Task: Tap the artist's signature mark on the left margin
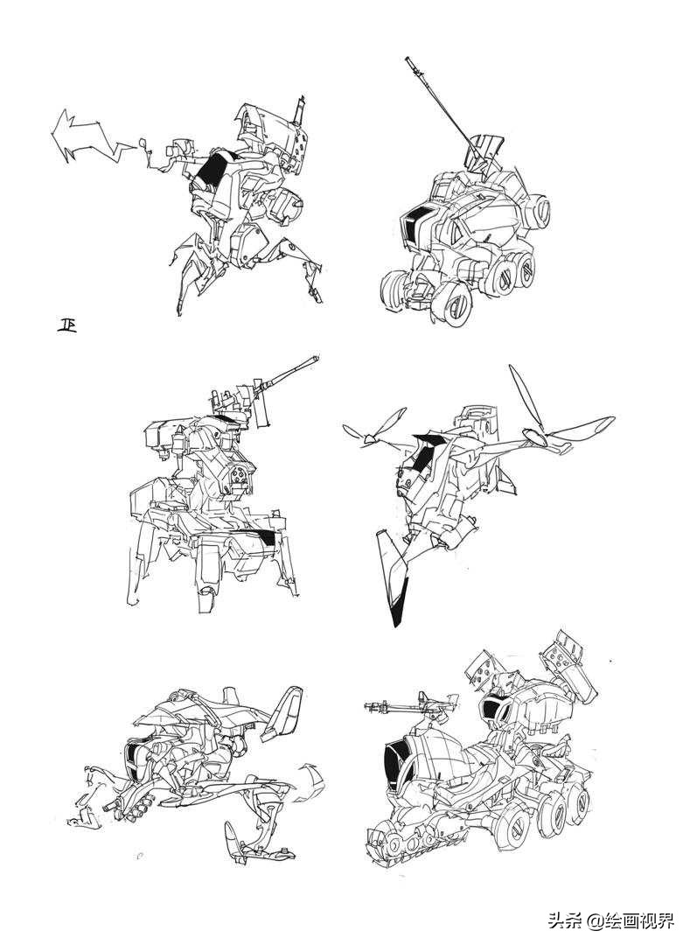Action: pyautogui.click(x=66, y=325)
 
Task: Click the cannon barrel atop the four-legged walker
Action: pyautogui.click(x=289, y=372)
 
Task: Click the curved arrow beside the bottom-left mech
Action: pyautogui.click(x=307, y=780)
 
